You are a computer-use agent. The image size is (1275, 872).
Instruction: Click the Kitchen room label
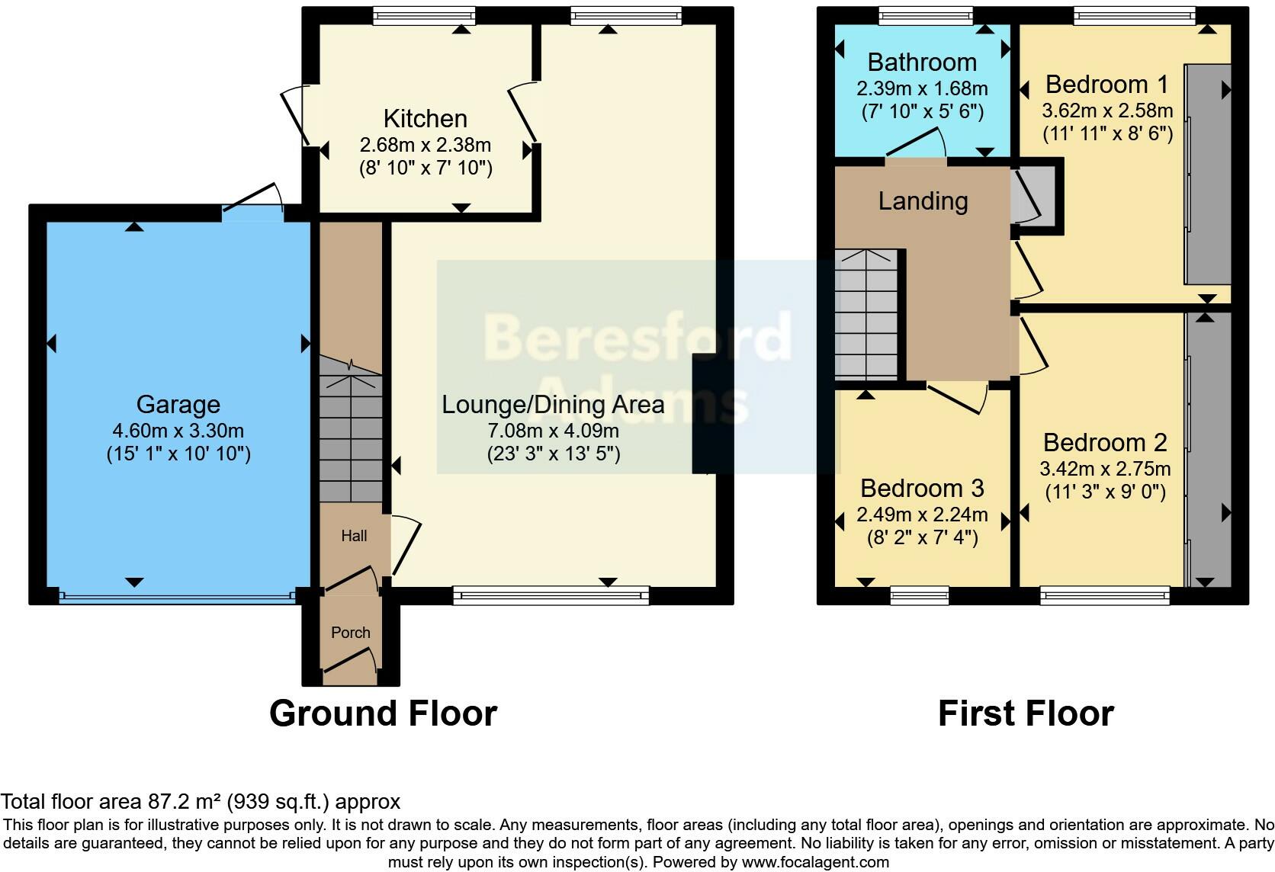(425, 119)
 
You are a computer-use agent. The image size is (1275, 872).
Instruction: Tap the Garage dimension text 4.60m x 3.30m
(178, 431)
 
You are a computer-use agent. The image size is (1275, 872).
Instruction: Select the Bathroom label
(922, 63)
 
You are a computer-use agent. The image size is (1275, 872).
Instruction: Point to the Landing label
(923, 201)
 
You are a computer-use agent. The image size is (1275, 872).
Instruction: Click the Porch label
(350, 633)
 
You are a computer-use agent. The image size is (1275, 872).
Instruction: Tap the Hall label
(354, 536)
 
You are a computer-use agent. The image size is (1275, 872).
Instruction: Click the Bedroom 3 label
(922, 488)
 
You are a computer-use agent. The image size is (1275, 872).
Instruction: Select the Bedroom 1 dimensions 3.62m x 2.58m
(1107, 111)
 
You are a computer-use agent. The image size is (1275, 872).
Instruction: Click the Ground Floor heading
(383, 713)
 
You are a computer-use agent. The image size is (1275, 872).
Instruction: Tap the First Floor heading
(1026, 713)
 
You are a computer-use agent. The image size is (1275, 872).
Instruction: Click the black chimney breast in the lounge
(703, 414)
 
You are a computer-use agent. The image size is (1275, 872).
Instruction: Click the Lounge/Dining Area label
(553, 405)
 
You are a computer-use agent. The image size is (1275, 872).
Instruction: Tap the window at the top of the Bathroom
(925, 14)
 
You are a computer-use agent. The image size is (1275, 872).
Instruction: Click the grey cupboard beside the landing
(1035, 196)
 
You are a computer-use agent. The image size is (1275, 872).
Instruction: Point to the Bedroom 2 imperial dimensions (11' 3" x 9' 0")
(1105, 492)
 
